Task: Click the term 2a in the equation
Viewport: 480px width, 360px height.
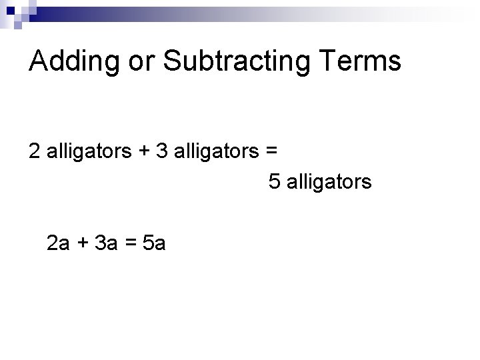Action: (59, 244)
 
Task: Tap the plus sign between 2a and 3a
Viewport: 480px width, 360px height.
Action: (83, 245)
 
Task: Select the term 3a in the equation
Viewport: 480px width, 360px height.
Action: (105, 244)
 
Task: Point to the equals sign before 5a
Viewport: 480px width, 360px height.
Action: (130, 245)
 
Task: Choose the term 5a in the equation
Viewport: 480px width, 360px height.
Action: (154, 244)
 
